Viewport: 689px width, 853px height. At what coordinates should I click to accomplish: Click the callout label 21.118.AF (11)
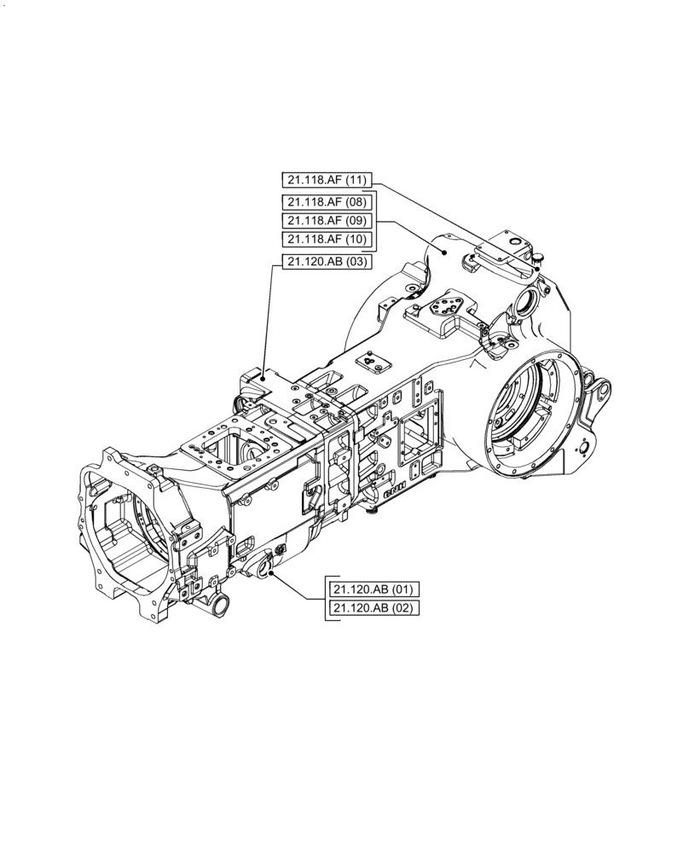[x=326, y=179]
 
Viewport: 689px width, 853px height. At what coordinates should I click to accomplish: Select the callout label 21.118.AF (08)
[x=326, y=202]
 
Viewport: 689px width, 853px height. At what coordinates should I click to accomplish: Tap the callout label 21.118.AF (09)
[x=326, y=220]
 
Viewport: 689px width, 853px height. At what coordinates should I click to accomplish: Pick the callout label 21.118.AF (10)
[x=326, y=239]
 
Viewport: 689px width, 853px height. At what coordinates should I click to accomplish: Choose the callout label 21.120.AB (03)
[x=326, y=262]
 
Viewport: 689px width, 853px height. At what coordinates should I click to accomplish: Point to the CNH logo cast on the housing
[x=393, y=493]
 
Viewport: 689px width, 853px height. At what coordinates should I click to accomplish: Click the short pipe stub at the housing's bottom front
[x=219, y=606]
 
